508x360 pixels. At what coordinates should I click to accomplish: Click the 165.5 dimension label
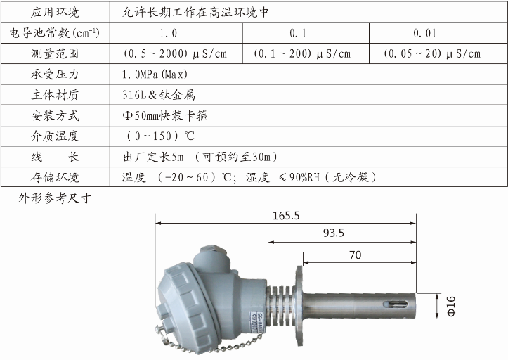pos(286,216)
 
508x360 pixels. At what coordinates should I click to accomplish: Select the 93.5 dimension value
pos(333,233)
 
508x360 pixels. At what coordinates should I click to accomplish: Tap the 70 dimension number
pos(356,255)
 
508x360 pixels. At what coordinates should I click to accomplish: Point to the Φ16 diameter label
pos(450,306)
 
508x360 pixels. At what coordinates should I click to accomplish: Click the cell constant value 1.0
pos(168,33)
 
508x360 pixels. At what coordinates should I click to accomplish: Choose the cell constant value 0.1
pos(298,33)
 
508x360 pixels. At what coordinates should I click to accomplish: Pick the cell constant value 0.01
pos(424,33)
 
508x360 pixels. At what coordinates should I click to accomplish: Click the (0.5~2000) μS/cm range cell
pos(175,53)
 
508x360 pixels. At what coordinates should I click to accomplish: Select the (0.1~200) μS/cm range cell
pos(302,53)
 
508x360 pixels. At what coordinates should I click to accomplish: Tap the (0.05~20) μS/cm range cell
pos(432,53)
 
